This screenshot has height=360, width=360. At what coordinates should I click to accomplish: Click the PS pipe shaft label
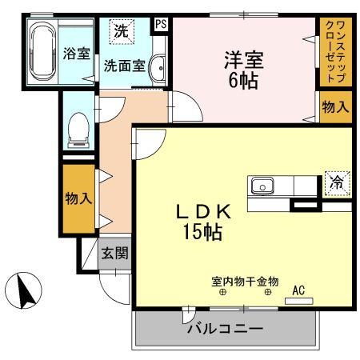click(x=162, y=24)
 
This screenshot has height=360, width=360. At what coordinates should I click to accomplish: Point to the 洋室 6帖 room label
click(x=244, y=68)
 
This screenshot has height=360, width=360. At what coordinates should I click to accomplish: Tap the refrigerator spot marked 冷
click(x=337, y=183)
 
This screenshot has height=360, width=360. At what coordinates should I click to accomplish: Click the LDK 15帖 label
click(x=204, y=222)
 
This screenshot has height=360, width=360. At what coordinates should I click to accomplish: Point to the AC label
click(x=299, y=290)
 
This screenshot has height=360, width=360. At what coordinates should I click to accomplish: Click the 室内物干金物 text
click(x=245, y=282)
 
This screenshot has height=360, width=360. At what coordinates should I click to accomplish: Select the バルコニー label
click(x=226, y=329)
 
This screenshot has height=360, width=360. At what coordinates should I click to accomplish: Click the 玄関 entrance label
click(x=114, y=254)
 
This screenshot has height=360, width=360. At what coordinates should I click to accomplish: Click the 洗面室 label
click(x=124, y=66)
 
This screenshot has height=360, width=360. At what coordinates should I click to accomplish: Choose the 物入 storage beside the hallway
click(x=78, y=197)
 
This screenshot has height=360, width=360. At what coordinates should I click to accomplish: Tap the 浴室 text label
click(x=75, y=54)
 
